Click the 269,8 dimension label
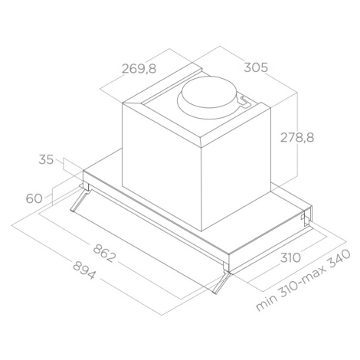pos(139,69)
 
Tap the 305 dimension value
pos(256,67)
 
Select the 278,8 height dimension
pos(297,138)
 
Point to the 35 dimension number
pos(46,159)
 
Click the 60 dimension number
pos(34,198)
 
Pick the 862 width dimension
pos(104,253)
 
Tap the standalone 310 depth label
pos(290,258)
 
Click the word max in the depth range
pos(316,273)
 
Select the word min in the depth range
pos(267,303)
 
